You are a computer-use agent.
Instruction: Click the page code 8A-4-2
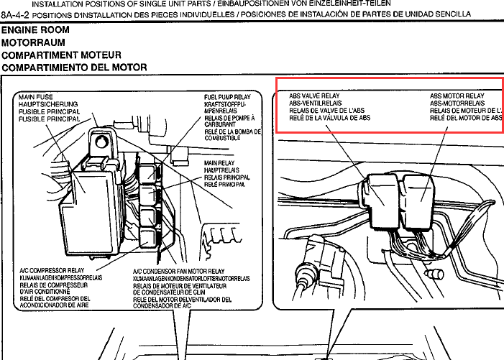tap(16, 14)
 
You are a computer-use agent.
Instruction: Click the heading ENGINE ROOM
tap(35, 31)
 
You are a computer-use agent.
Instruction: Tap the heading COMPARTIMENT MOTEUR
tap(61, 55)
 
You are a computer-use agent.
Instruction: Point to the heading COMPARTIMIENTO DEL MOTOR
tap(74, 68)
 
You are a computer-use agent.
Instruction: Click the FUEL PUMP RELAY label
tap(229, 97)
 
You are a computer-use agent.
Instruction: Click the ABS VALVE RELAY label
tap(314, 96)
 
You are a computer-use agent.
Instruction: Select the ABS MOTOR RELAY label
tap(457, 96)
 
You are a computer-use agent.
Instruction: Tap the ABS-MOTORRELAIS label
tap(459, 103)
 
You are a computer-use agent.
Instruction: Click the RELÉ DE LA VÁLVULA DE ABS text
tap(329, 118)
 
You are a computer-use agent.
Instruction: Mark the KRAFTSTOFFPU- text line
tap(228, 104)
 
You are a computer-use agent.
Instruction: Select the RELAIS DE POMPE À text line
tap(229, 118)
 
